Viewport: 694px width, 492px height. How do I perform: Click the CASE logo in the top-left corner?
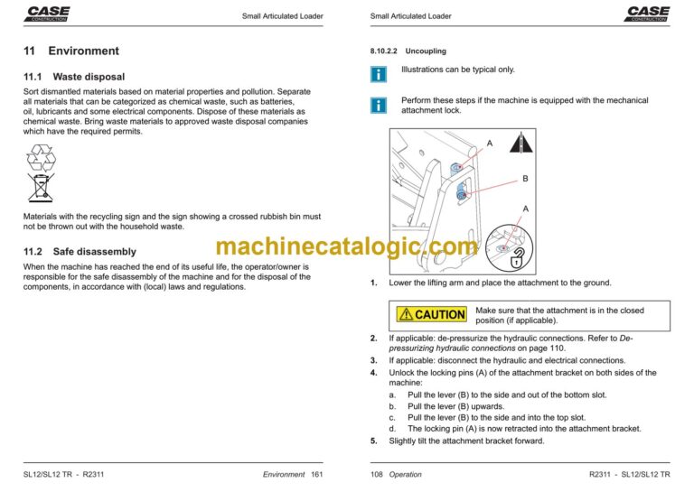47,13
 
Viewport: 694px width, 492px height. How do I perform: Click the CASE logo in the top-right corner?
648,13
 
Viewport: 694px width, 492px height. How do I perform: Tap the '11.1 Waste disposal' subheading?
74,78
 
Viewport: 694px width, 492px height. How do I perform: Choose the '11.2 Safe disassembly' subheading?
80,252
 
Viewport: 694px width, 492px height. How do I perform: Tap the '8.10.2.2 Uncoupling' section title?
408,51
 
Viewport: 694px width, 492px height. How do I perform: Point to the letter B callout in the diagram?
525,180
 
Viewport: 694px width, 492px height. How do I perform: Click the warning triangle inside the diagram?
518,144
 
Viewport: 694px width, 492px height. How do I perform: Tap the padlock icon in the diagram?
517,261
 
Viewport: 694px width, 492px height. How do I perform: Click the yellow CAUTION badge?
432,314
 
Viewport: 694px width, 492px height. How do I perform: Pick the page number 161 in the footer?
316,474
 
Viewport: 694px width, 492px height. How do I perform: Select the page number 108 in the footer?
378,474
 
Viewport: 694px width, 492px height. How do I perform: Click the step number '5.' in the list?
374,441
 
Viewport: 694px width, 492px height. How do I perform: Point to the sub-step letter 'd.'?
393,429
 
